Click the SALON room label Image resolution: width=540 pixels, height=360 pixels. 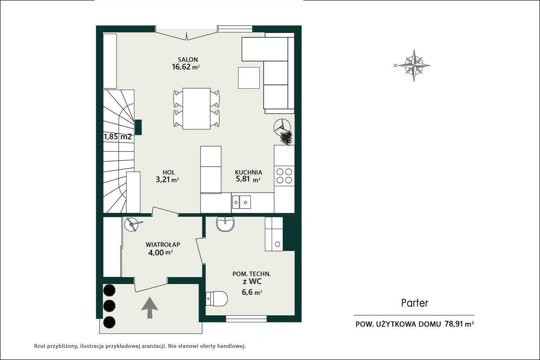[188, 59]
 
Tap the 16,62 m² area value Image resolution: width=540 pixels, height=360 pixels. [186, 67]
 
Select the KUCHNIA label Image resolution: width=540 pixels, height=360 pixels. [248, 172]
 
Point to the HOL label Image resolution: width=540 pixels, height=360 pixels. [169, 172]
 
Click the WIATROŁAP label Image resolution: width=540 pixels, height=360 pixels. [163, 245]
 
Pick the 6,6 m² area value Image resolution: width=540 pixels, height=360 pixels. [252, 292]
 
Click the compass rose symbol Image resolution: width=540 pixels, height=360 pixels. [414, 65]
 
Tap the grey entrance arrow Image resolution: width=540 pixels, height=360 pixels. [150, 308]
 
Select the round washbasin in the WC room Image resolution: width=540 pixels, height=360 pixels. [225, 224]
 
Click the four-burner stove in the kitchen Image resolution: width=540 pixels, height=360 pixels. [284, 176]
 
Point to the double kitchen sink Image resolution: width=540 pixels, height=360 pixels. [241, 202]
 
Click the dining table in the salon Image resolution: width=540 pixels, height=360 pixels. [196, 109]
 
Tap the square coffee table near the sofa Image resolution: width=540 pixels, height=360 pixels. [249, 78]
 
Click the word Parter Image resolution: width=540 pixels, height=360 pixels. [415, 303]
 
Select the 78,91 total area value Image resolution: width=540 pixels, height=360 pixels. [454, 324]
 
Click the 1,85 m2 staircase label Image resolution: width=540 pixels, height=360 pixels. [118, 137]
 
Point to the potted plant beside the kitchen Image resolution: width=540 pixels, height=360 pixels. [286, 138]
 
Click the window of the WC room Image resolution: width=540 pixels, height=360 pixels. [246, 319]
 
